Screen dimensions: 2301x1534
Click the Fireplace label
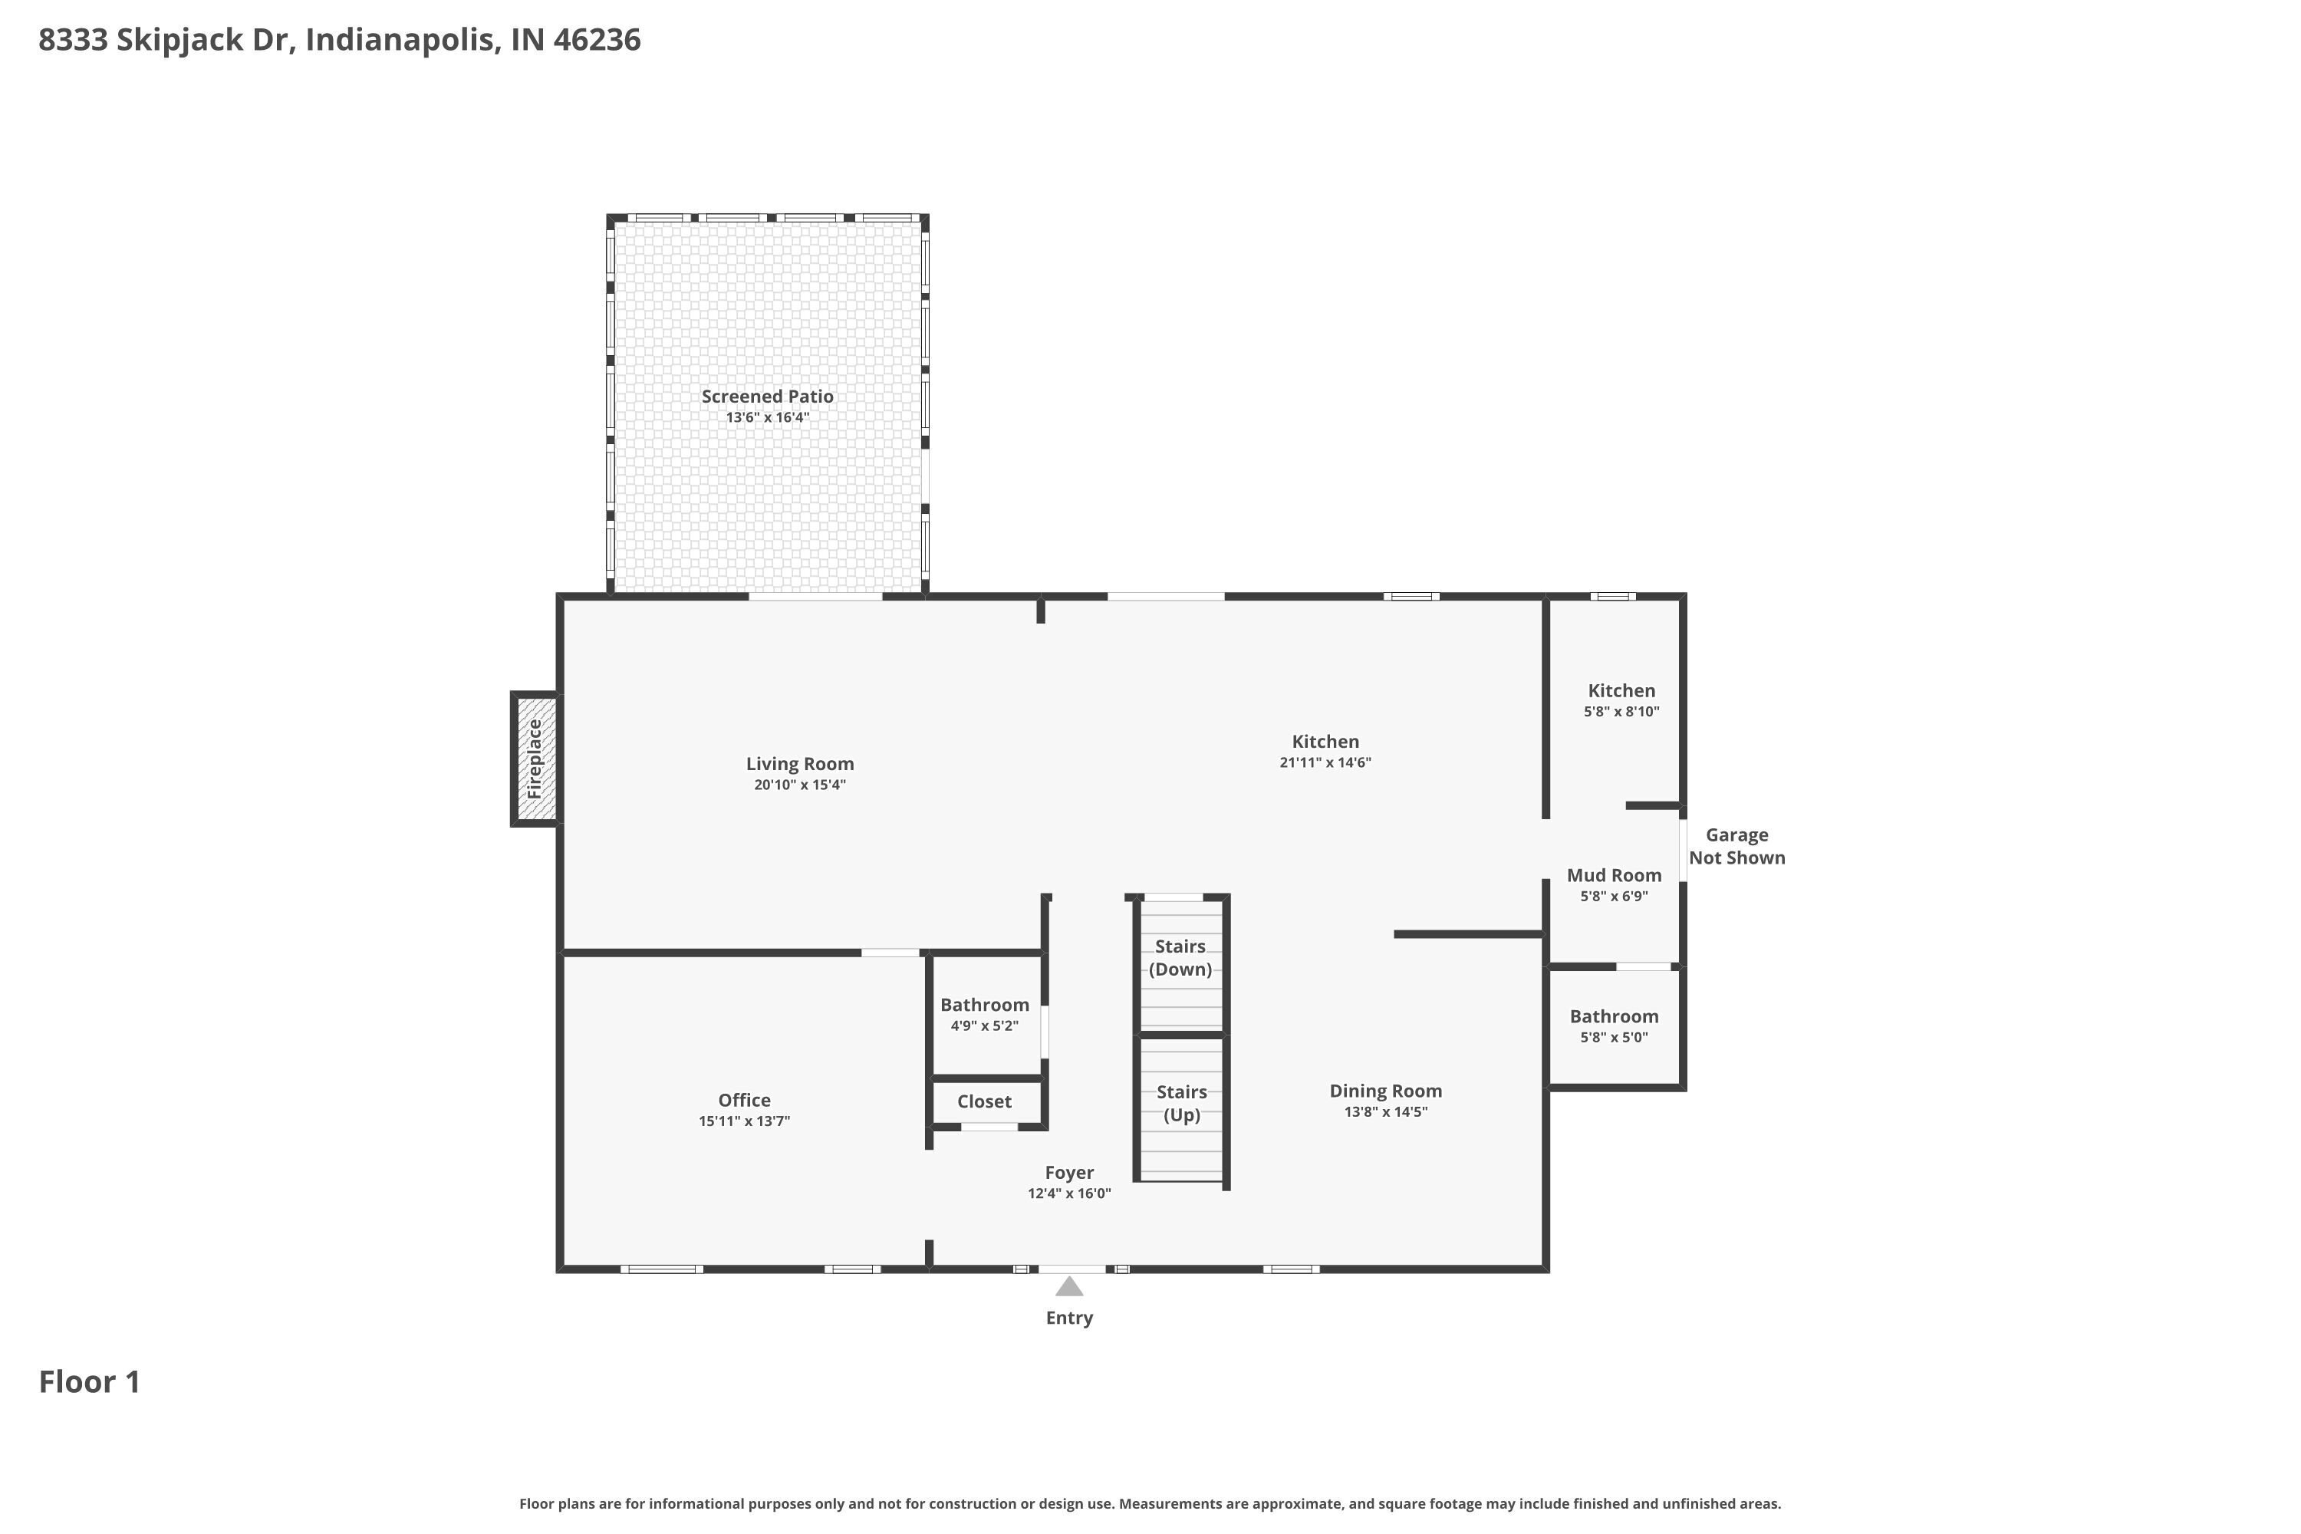534,759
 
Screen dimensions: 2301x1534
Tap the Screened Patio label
767,397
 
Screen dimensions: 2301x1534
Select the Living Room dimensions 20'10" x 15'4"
799,785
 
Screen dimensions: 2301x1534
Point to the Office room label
745,1100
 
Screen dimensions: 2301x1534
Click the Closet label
984,1101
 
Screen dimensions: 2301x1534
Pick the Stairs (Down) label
1181,958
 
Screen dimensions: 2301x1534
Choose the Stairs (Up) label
1182,1103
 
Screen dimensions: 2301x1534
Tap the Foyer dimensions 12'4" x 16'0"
1069,1193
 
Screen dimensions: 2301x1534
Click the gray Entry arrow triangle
1069,1286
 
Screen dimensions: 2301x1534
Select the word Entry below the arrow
1069,1318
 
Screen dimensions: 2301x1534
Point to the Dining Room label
1385,1091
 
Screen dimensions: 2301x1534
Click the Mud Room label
1615,876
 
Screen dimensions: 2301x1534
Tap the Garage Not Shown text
1736,846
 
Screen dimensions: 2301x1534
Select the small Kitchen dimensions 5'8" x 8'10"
1622,711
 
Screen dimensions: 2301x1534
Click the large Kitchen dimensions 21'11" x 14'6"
1325,762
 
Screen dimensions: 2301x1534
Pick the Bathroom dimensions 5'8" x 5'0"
1615,1037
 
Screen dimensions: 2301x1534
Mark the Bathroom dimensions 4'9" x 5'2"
984,1025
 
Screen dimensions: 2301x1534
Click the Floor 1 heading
90,1381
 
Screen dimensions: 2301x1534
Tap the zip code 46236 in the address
597,39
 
